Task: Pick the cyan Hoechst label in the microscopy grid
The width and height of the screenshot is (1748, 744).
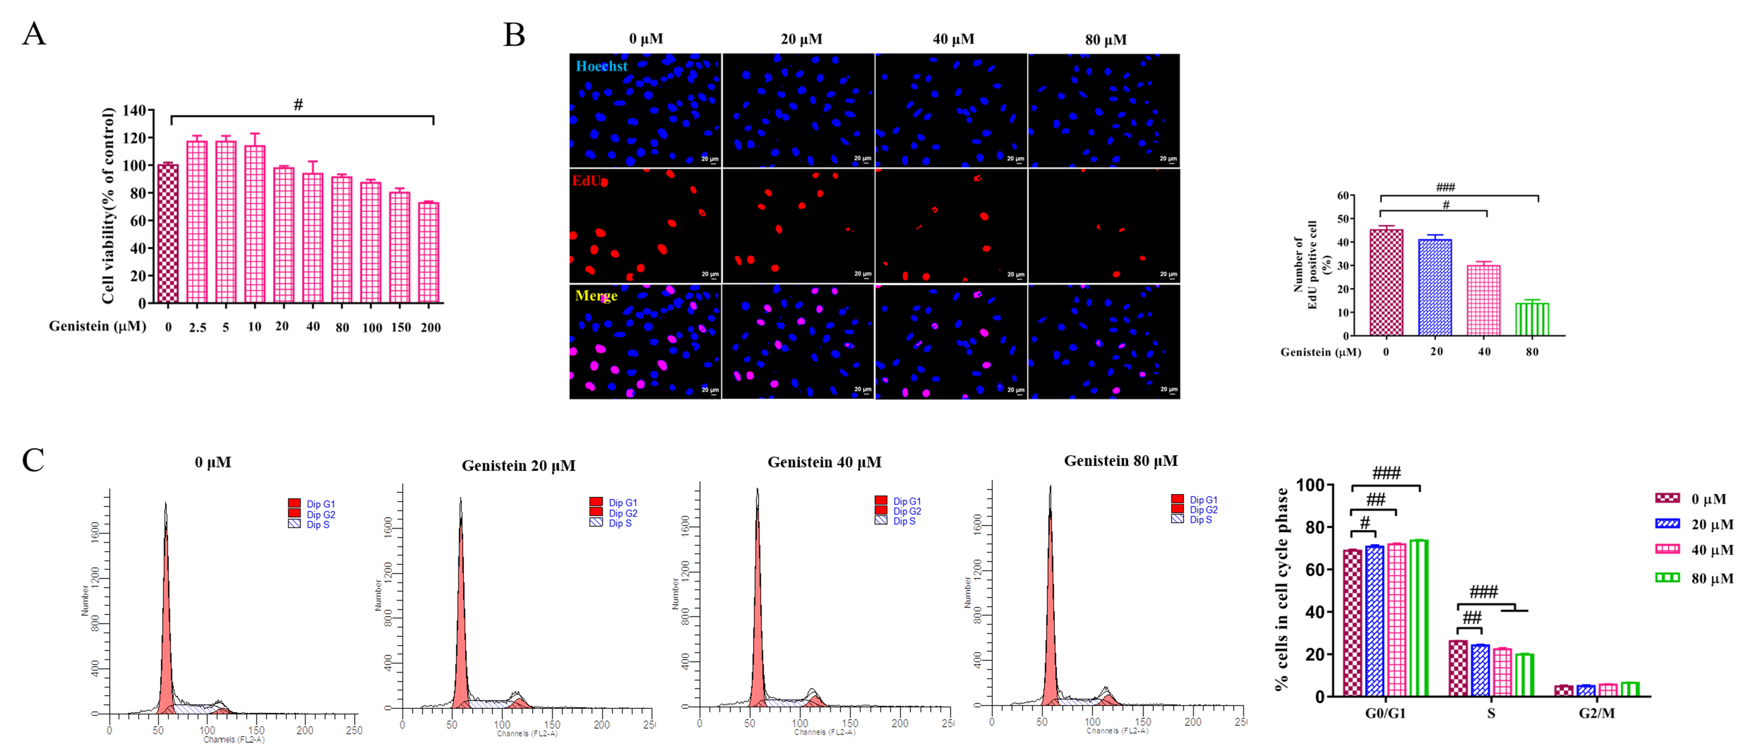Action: [x=601, y=66]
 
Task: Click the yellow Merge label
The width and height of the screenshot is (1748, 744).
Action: [x=596, y=296]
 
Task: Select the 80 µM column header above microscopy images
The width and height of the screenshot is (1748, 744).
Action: [x=1106, y=39]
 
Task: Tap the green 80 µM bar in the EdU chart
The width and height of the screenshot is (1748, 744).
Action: [x=1532, y=319]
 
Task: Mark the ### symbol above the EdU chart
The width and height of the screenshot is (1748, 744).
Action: [x=1445, y=187]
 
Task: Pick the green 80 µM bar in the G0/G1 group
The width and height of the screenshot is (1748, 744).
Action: [x=1419, y=617]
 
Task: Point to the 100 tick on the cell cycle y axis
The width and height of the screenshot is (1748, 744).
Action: [x=1310, y=485]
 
